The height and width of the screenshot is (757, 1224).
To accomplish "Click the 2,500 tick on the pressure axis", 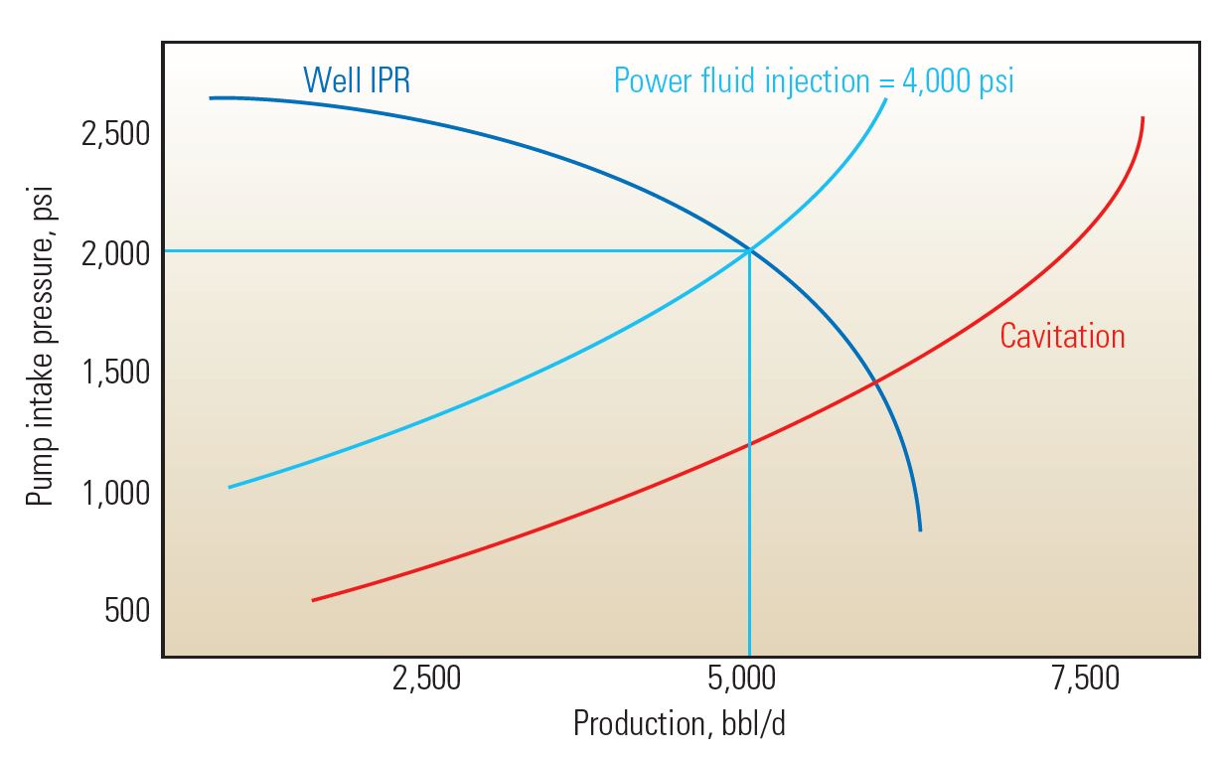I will tap(114, 134).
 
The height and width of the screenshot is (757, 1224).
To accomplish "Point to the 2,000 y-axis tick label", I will tap(114, 253).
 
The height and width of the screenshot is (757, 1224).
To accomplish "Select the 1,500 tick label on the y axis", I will tap(114, 373).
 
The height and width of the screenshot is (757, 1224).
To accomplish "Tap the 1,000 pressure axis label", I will tap(114, 492).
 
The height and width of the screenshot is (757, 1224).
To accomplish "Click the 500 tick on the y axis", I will tap(127, 611).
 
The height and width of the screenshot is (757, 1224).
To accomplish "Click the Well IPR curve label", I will tap(357, 79).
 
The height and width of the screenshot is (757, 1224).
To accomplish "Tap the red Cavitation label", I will tap(1062, 336).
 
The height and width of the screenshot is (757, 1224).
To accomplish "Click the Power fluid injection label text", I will tap(814, 79).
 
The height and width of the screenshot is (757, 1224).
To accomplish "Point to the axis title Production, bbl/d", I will tap(680, 723).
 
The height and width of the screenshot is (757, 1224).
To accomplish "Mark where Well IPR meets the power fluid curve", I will tap(749, 250).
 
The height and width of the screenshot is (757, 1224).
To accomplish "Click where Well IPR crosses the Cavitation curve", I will tap(875, 381).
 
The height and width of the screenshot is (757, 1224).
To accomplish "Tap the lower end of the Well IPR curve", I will tap(920, 530).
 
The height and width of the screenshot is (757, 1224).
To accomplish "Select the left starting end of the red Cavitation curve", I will tap(314, 600).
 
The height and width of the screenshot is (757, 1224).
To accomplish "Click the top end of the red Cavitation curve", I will tap(1143, 118).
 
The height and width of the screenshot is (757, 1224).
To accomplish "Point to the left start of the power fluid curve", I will tap(229, 487).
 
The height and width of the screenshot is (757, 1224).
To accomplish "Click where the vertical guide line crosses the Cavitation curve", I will tap(749, 444).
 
